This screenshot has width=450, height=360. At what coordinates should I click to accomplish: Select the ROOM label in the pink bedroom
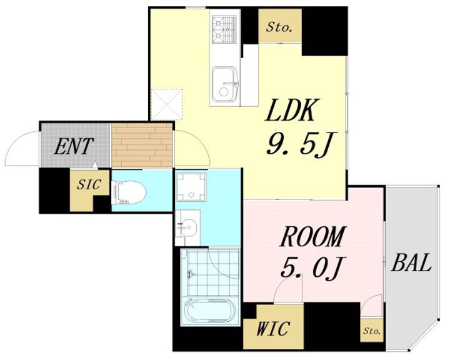312,238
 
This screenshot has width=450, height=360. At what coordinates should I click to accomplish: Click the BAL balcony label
412,264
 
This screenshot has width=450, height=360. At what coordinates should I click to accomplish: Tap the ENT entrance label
74,147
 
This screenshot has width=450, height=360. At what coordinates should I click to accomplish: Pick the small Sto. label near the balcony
372,330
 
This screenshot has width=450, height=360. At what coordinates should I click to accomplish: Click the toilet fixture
128,189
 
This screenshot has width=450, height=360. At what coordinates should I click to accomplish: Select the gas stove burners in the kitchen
224,26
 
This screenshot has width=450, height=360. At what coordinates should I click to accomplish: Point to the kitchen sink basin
224,84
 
